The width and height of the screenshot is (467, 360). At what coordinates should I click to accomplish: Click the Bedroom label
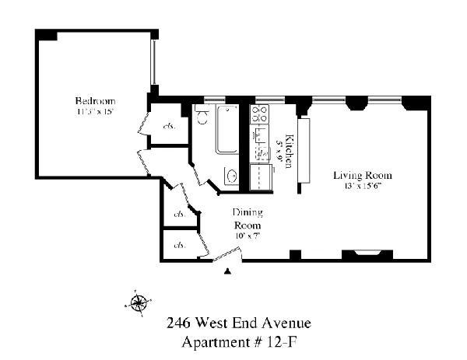95,101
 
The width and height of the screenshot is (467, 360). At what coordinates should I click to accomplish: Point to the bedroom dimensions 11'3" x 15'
95,112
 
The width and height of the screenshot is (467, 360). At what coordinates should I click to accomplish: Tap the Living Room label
362,174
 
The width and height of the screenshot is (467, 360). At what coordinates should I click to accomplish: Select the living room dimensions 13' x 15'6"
362,185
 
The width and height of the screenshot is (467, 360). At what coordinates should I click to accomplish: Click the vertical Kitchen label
288,152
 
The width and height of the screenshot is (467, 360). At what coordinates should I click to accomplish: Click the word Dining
248,212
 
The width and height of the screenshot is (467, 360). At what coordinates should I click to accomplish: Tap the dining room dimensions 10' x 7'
248,235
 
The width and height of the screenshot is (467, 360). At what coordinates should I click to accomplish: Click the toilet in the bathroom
203,117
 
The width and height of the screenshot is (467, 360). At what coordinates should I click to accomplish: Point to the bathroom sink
231,176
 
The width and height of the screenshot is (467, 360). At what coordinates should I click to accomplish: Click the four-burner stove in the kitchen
258,117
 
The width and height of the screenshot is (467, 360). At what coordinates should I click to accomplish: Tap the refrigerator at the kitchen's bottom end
258,177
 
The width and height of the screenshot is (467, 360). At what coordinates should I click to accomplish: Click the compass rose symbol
138,303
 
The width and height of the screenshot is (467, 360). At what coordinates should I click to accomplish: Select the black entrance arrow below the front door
227,271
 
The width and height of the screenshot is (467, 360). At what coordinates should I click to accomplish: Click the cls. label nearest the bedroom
167,126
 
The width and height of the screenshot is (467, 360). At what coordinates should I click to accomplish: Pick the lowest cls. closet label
179,246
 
